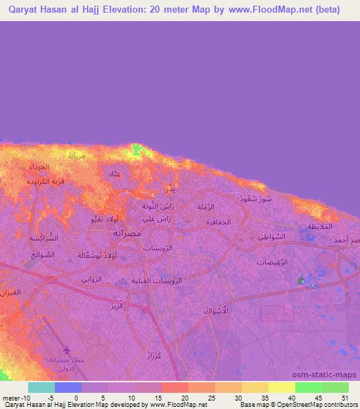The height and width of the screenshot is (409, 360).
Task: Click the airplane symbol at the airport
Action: [67, 350]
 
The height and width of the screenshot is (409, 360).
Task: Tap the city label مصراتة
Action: [127, 232]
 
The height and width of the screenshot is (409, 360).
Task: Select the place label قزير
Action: [116, 306]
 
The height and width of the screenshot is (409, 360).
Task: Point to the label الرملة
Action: [212, 207]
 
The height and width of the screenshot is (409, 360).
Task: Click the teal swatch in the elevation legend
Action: [41, 387]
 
